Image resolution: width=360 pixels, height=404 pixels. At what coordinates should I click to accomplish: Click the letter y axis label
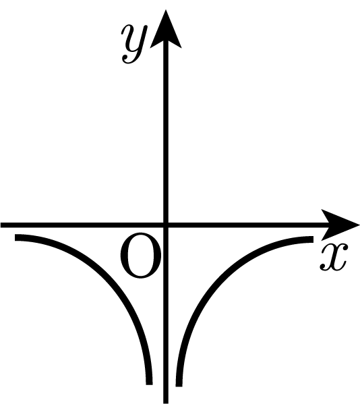[134, 44]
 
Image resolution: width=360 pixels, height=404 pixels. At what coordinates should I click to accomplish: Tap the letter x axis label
[334, 257]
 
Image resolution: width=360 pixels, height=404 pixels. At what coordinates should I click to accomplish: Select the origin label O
[141, 256]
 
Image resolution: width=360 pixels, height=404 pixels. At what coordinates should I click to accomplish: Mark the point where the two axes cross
[166, 225]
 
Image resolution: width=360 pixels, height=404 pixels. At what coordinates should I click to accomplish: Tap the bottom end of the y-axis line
[166, 403]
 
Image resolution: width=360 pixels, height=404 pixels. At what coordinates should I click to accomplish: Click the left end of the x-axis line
[1, 225]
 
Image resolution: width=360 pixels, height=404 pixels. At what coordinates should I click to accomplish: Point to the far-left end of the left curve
[15, 237]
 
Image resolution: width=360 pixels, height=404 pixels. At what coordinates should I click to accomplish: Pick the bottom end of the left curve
[150, 384]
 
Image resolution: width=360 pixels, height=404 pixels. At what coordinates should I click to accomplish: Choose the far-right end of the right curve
[313, 239]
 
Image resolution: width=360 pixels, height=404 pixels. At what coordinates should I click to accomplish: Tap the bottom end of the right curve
[179, 386]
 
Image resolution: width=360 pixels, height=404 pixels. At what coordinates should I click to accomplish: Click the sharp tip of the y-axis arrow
[166, 10]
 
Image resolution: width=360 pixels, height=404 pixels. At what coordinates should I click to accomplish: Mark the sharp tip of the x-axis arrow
[359, 225]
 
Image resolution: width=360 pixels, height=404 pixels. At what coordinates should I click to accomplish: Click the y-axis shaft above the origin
[166, 134]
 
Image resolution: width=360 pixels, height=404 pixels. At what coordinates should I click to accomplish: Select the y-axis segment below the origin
[166, 314]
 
